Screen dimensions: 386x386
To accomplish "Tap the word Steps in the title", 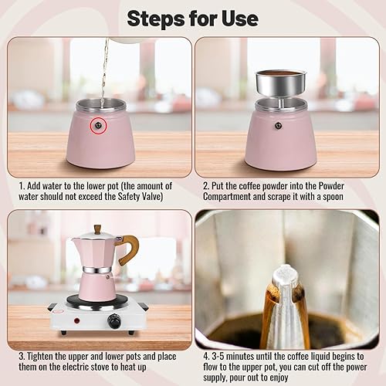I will (158, 17).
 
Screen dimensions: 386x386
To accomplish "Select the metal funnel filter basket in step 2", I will (280, 83).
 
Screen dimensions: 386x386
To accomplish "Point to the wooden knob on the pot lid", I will (96, 229).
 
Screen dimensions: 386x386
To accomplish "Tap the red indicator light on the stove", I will (77, 319).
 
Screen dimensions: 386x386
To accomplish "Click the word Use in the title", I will (239, 17).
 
